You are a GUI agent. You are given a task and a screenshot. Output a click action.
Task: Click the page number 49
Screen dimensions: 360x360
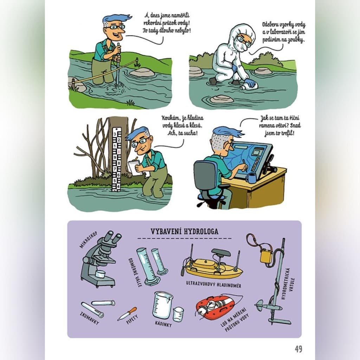click(298, 349)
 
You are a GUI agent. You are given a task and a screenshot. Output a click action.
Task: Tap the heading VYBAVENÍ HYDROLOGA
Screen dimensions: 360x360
click(184, 231)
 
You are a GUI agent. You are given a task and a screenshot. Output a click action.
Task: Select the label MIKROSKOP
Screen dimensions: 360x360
click(89, 240)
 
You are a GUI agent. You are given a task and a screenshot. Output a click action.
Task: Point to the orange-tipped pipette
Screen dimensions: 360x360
click(127, 314)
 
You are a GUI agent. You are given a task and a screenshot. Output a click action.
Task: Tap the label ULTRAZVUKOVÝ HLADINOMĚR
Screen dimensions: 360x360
click(213, 284)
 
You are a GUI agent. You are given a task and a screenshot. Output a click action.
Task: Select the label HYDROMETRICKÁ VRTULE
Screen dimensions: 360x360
click(288, 284)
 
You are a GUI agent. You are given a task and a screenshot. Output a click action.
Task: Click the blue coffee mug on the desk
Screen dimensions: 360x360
click(251, 178)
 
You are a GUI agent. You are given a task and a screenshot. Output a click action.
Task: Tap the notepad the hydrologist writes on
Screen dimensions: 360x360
click(135, 168)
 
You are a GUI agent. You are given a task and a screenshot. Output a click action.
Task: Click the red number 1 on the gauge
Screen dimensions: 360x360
click(119, 152)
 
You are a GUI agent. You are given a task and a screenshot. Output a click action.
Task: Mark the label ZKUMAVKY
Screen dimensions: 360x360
click(90, 318)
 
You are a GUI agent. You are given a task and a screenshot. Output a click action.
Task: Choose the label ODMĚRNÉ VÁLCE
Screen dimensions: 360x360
click(135, 272)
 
